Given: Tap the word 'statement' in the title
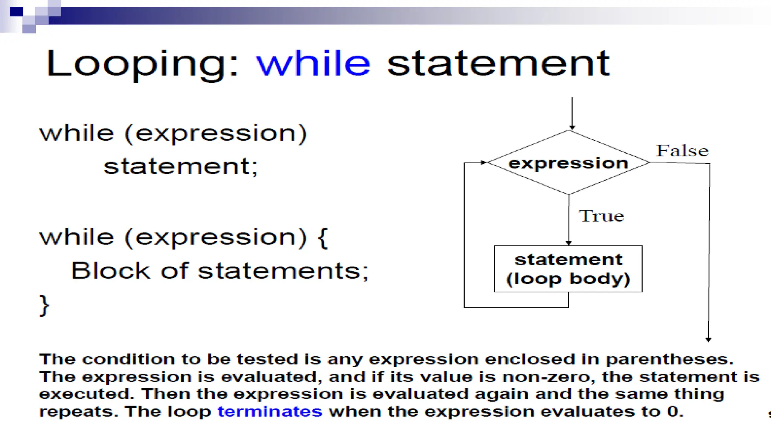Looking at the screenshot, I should coord(498,64).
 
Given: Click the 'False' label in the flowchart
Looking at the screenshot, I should coord(682,151).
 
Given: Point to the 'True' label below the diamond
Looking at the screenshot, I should coord(602,216).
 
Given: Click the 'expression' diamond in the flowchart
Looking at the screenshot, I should coord(568,163).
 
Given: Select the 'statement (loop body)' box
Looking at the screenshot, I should coord(568,269).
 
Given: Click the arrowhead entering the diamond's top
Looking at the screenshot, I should coord(572,128).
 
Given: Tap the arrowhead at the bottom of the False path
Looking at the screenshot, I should coord(708,339).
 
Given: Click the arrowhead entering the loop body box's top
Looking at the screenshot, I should coord(568,243).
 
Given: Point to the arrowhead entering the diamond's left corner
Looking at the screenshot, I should coord(484,162).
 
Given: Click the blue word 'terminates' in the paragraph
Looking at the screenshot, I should coord(270,412).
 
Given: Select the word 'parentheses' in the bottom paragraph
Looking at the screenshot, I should coord(669,359).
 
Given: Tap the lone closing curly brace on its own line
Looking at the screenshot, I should coord(44,305).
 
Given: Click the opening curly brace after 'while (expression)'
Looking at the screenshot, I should coord(323,238).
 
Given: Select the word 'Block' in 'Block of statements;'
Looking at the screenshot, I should coord(110,271).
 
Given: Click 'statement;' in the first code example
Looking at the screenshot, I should coord(181,167).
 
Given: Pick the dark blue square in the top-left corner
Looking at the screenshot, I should coord(16,12).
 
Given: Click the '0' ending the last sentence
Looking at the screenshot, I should coord(673,412).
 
